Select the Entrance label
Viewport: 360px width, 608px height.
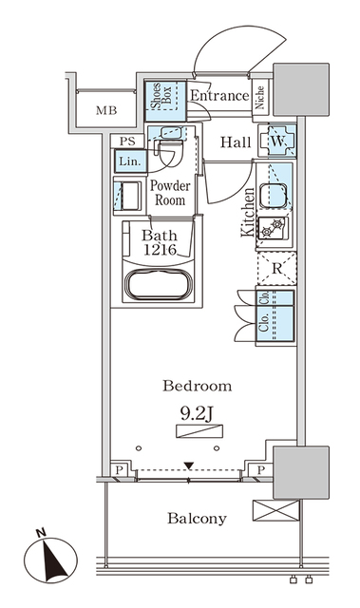point(218,95)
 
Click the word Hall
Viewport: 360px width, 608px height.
point(235,142)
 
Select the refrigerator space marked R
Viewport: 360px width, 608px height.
point(276,268)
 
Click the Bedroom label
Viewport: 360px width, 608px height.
point(197,386)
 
